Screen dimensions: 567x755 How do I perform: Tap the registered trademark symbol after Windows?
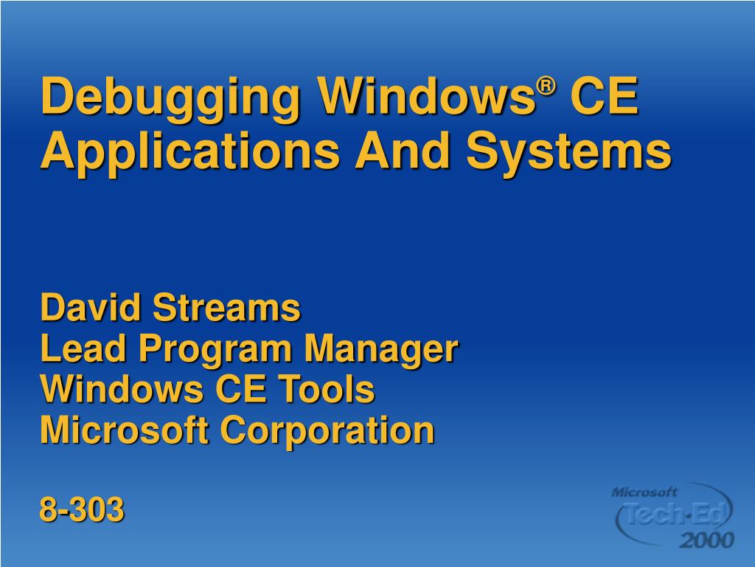(x=545, y=86)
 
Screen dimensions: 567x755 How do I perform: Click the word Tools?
(x=335, y=390)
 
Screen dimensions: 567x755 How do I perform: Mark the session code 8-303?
(x=82, y=509)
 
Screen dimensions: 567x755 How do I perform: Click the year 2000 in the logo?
(x=706, y=540)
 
